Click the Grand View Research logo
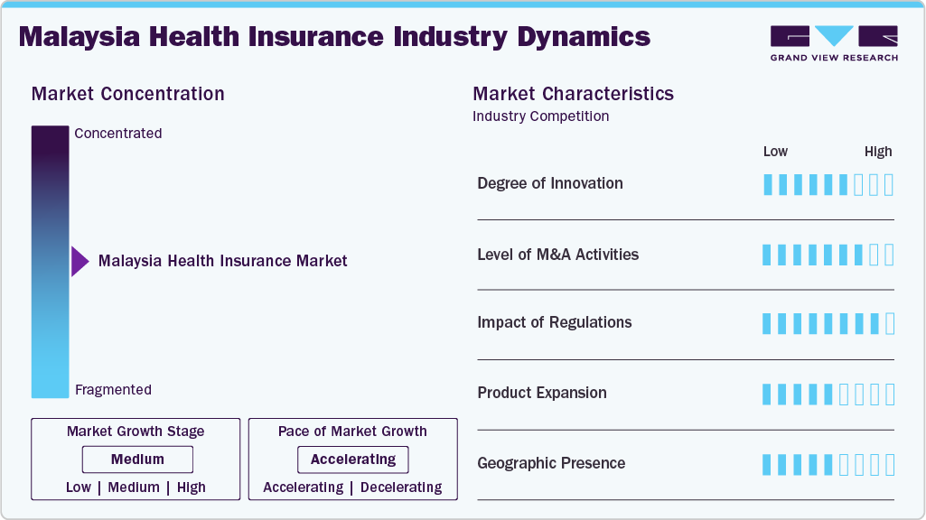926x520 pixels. [833, 42]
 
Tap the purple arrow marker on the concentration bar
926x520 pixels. [80, 262]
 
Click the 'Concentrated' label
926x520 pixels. [118, 134]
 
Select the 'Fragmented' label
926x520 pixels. [113, 390]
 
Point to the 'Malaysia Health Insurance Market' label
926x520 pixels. [222, 261]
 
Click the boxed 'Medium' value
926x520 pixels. [137, 460]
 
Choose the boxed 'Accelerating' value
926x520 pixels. [352, 460]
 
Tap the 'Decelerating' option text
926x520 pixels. [401, 487]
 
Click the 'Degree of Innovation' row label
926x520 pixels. [550, 183]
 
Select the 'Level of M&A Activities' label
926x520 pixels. [557, 255]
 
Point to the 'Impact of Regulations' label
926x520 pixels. [555, 322]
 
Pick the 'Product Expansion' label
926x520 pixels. [542, 393]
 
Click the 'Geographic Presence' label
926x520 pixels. [551, 463]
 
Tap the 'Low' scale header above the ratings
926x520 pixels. [775, 152]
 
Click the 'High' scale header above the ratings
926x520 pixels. [877, 152]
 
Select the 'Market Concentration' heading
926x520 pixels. [127, 94]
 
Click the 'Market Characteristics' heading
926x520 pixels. [573, 94]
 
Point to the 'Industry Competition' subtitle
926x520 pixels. [540, 116]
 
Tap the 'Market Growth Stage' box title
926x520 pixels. [136, 432]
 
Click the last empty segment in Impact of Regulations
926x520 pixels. [890, 323]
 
